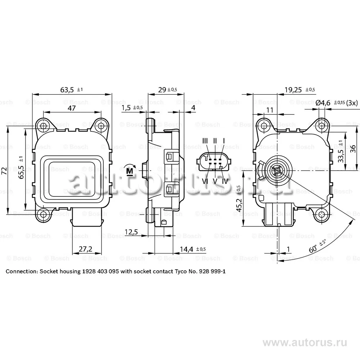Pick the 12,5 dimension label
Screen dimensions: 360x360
pyautogui.click(x=131, y=231)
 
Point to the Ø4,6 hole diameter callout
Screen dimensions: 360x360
pyautogui.click(x=323, y=103)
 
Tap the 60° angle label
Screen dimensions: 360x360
pyautogui.click(x=314, y=249)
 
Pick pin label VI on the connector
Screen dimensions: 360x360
pyautogui.click(x=205, y=181)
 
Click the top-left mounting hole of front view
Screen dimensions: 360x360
pyautogui.click(x=44, y=126)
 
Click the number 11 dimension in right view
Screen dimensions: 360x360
pyautogui.click(x=269, y=109)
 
